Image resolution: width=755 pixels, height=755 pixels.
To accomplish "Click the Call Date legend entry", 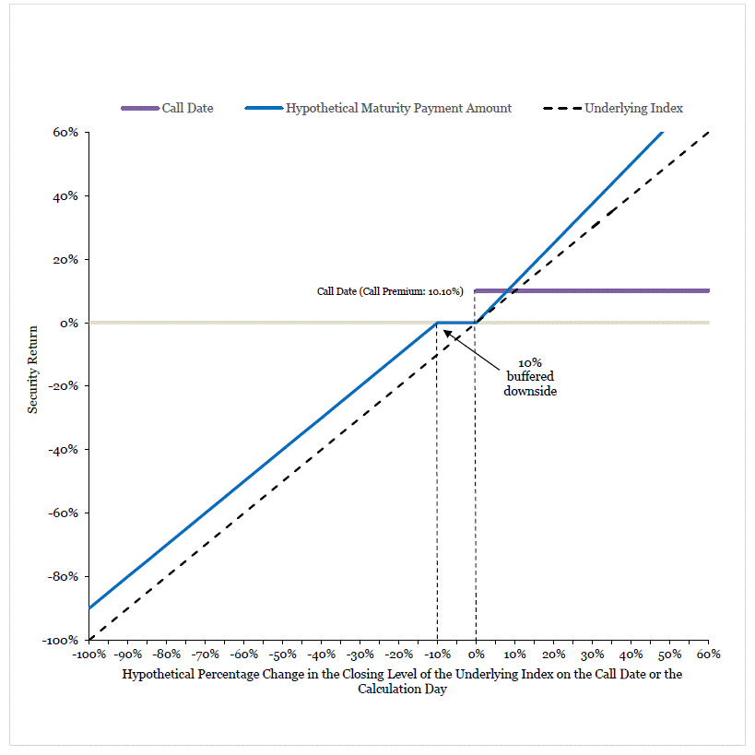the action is click(x=167, y=108).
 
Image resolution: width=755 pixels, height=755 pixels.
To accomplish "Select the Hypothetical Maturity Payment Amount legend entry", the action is click(x=378, y=109).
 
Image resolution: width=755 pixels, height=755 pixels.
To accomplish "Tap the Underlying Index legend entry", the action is click(x=612, y=109).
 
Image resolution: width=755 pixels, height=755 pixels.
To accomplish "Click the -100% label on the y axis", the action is click(x=60, y=640).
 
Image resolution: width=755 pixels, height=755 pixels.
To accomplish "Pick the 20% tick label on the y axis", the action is click(x=65, y=260).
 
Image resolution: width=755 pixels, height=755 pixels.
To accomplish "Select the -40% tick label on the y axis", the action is click(x=63, y=450).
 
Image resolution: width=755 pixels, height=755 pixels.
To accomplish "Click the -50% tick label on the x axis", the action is click(x=282, y=655).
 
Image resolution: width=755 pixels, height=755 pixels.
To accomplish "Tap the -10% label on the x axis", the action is click(x=437, y=655).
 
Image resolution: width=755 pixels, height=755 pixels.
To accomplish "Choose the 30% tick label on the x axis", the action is click(x=592, y=655).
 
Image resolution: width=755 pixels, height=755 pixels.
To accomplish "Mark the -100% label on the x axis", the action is click(x=89, y=655).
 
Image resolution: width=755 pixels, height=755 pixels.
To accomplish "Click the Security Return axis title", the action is click(x=32, y=370).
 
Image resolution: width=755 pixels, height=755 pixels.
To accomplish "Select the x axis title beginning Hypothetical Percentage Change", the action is click(x=402, y=681).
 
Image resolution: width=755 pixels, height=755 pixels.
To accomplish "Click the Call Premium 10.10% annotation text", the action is click(x=390, y=291).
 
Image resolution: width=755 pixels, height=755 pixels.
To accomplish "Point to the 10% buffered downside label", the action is click(x=530, y=376).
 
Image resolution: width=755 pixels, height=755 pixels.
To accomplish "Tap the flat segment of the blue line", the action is click(x=456, y=323).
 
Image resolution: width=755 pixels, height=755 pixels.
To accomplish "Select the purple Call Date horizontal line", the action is click(x=592, y=290).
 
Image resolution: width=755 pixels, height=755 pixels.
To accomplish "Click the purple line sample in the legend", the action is click(x=140, y=109).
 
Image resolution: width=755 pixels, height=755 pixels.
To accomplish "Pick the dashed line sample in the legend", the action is click(x=562, y=109).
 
